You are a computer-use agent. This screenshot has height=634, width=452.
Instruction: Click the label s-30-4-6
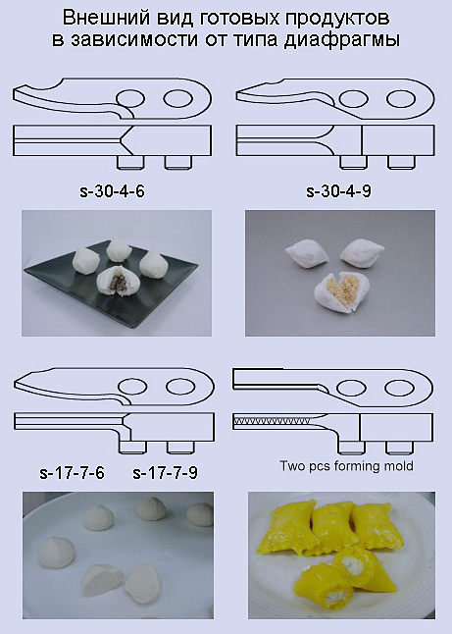click(113, 190)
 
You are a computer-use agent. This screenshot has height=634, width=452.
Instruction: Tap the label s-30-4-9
click(338, 190)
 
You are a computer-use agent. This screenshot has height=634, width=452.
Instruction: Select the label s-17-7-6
click(72, 472)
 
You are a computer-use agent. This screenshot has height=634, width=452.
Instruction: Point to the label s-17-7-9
click(165, 472)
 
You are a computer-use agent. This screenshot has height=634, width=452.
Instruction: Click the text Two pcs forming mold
click(346, 466)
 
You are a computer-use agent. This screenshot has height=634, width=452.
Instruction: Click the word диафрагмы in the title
click(342, 39)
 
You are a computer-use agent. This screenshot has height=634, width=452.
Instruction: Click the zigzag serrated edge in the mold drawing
click(272, 421)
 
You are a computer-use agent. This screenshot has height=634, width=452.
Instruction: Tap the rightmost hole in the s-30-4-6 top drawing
click(177, 98)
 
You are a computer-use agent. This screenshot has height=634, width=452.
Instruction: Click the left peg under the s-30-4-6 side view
click(130, 163)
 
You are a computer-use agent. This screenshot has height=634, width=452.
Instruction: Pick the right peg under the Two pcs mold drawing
click(399, 448)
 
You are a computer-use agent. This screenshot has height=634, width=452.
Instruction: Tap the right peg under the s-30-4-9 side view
click(402, 163)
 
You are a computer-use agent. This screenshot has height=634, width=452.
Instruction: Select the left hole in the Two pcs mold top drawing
click(351, 388)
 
